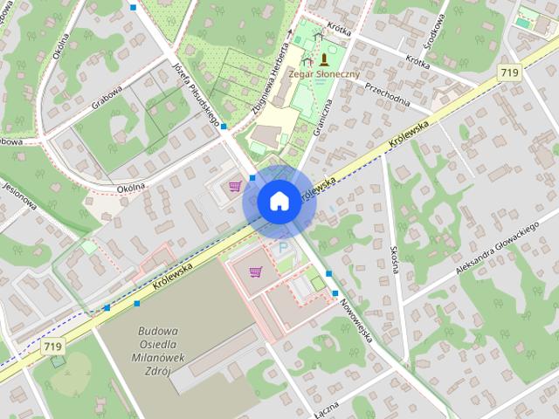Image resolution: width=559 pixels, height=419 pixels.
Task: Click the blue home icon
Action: click(x=278, y=201)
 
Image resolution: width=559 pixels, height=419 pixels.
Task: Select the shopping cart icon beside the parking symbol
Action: click(x=255, y=271)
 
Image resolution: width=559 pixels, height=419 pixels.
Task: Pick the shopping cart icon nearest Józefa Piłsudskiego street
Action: click(x=234, y=185)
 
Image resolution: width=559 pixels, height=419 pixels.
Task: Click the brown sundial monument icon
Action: click(x=324, y=59)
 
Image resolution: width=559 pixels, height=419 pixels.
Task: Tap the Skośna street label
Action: click(x=393, y=259)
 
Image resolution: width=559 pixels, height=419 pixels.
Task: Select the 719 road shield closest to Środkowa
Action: click(x=511, y=72)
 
